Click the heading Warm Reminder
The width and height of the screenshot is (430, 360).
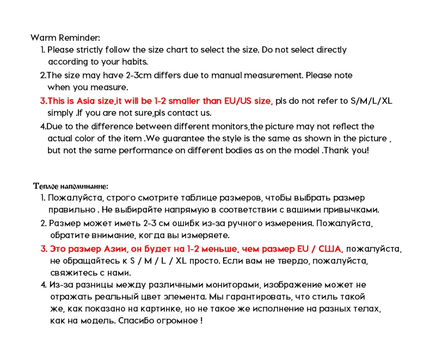coord(65,38)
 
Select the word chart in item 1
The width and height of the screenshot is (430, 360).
coord(183,50)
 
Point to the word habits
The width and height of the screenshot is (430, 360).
coord(133,62)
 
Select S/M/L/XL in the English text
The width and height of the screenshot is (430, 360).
coord(371,101)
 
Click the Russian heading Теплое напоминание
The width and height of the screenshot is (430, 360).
coord(70,186)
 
